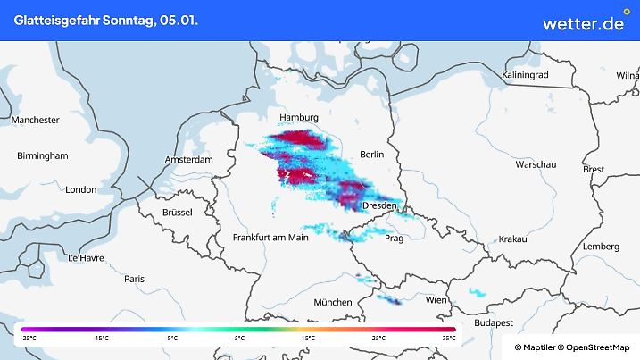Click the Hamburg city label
click(299, 118)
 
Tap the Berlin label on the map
click(371, 155)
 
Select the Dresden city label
click(379, 206)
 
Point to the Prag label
click(394, 239)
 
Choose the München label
click(332, 302)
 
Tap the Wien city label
click(436, 301)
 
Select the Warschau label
click(536, 166)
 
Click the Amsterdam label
click(188, 160)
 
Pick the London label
click(80, 189)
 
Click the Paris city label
click(134, 279)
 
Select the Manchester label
click(36, 120)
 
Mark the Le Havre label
click(86, 257)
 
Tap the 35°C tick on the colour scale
click(447, 339)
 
